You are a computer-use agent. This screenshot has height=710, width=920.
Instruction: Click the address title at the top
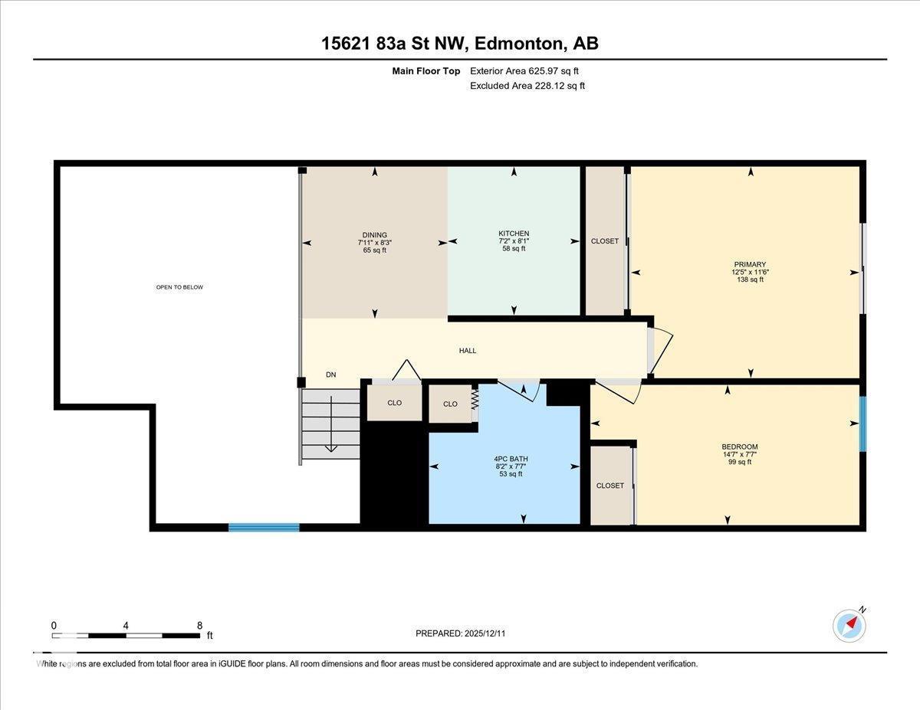[x=460, y=44]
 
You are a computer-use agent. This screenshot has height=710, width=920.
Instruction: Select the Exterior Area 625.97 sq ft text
[x=524, y=71]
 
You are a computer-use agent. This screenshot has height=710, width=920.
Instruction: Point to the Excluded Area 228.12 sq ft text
[x=527, y=86]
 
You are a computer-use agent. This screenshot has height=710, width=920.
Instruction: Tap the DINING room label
[x=375, y=235]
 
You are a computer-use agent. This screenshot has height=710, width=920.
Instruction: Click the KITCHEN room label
[x=514, y=234]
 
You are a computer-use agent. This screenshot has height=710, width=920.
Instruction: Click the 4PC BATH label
[x=511, y=460]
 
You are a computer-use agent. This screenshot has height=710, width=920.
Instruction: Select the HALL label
[x=468, y=351]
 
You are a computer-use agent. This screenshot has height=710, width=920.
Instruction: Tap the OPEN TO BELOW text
[x=179, y=287]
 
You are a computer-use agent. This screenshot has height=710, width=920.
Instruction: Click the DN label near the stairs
[x=331, y=375]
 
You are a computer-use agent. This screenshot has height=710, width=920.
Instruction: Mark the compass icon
[x=849, y=625]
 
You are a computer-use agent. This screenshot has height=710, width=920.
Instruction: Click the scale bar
[x=127, y=635]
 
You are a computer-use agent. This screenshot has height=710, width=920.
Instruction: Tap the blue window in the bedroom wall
[x=863, y=424]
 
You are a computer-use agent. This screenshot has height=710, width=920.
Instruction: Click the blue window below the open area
[x=264, y=527]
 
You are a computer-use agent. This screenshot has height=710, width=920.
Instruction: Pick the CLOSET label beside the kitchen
[x=605, y=241]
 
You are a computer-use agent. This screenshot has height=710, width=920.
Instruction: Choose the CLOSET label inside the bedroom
[x=610, y=486]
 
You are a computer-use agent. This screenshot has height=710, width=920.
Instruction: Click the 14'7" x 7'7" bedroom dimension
[x=740, y=454]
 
